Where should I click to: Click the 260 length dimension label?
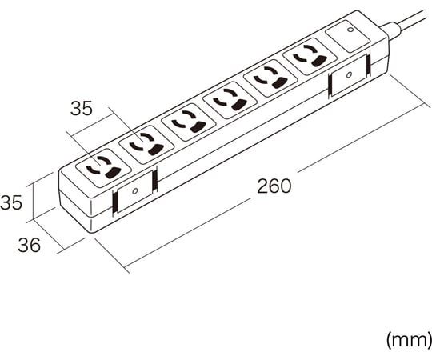click(x=274, y=186)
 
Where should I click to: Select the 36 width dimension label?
click(x=30, y=245)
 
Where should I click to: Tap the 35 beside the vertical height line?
click(x=11, y=202)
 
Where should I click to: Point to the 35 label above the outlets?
click(x=82, y=109)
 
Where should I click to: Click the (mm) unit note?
click(x=409, y=340)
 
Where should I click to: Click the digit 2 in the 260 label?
click(x=262, y=186)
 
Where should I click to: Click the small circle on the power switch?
click(x=350, y=30)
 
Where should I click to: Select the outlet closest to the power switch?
click(x=310, y=57)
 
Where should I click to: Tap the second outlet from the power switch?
click(x=270, y=78)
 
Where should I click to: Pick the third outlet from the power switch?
click(x=230, y=100)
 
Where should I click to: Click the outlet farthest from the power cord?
click(x=103, y=168)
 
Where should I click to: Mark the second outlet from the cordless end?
click(x=146, y=145)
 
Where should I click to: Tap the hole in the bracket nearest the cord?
click(x=349, y=74)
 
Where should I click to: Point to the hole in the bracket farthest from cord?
click(x=134, y=191)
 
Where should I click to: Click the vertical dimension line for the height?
click(x=34, y=201)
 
